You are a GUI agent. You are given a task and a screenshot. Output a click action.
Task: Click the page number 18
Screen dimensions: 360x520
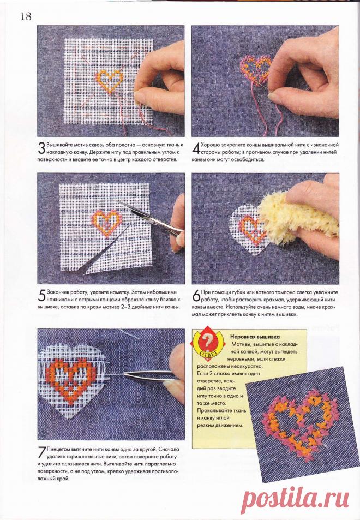26,16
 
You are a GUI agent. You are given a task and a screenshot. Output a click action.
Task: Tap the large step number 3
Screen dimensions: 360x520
41,148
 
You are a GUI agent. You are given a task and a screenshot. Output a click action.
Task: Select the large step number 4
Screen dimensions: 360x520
196,148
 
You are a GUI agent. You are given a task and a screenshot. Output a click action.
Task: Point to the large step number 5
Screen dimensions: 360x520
42,296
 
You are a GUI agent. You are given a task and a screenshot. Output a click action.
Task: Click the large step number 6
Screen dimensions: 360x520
196,296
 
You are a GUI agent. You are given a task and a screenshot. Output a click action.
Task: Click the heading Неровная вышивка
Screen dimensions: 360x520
255,337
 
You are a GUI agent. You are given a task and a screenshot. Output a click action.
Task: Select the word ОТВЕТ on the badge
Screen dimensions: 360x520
208,353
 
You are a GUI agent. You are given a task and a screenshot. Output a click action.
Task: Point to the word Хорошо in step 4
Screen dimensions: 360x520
211,145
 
